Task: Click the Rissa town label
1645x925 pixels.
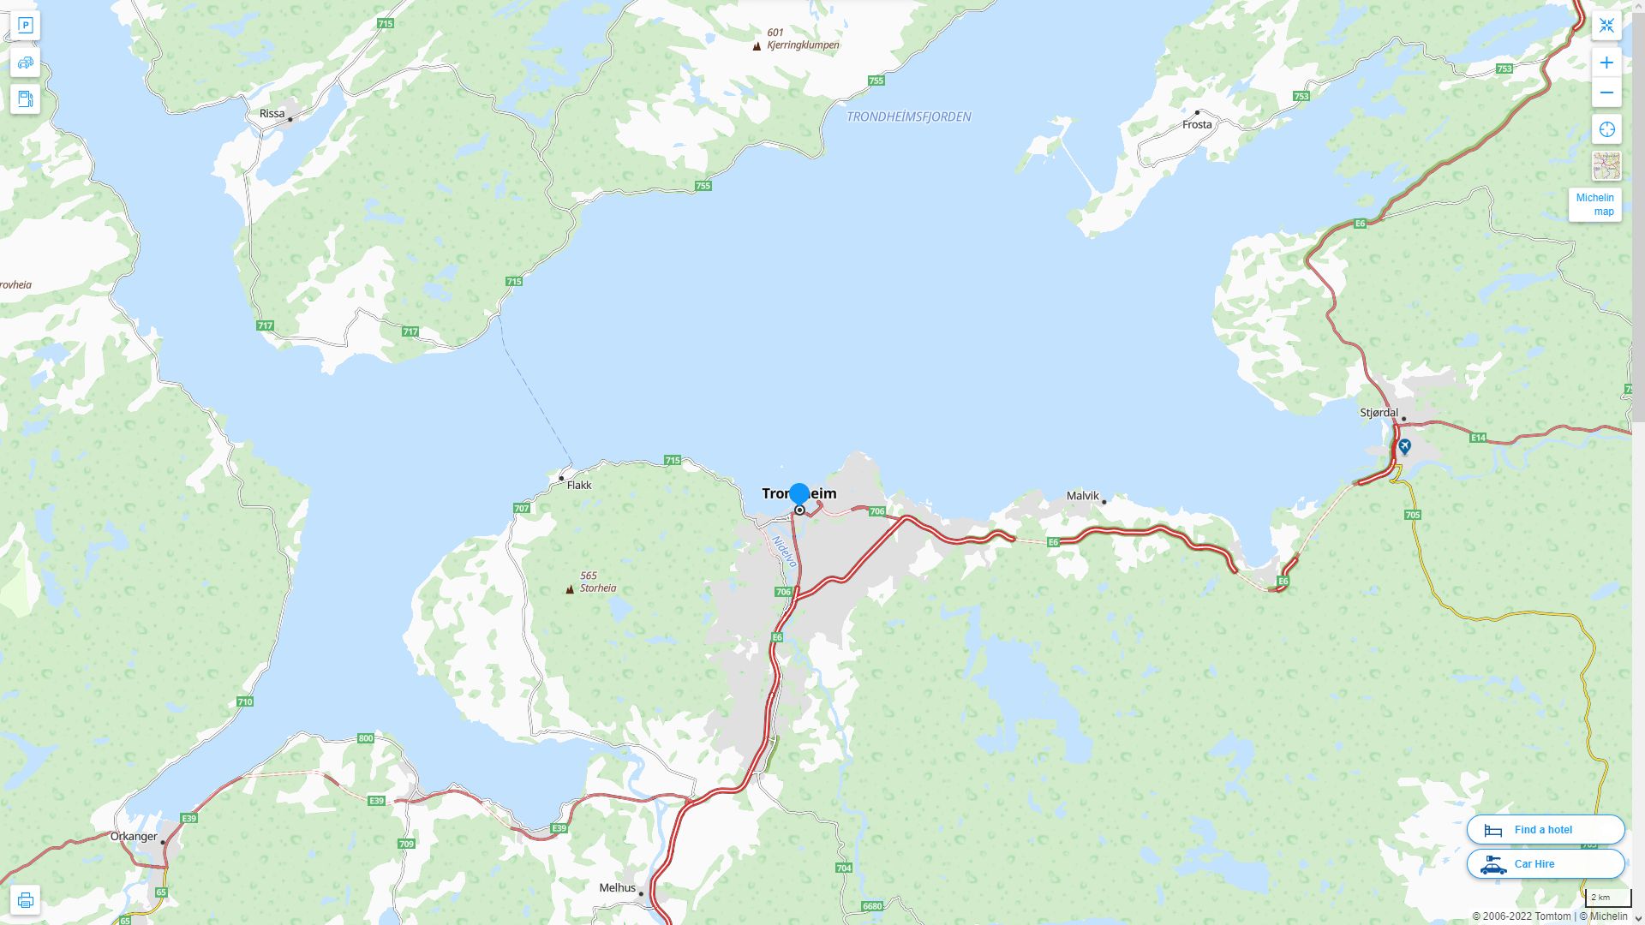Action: pos(272,113)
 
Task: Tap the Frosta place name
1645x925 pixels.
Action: pos(1197,124)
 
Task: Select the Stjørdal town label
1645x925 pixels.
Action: pos(1379,413)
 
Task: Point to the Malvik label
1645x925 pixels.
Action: pos(1082,496)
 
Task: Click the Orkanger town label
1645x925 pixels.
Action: pos(134,837)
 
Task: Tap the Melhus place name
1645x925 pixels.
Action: pos(617,888)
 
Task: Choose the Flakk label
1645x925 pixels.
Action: pos(579,485)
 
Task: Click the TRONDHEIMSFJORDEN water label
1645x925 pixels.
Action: pos(908,116)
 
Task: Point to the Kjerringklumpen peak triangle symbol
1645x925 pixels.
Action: pos(757,46)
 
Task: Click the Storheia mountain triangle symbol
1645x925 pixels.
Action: pos(570,589)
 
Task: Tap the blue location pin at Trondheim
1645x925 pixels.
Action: pos(799,494)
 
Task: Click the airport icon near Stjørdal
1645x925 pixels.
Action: pos(1404,446)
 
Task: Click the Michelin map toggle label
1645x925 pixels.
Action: pos(1594,205)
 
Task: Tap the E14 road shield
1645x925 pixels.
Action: pos(1478,438)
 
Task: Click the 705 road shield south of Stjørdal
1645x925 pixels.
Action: pos(1413,515)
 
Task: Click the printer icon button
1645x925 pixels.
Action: pos(25,900)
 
